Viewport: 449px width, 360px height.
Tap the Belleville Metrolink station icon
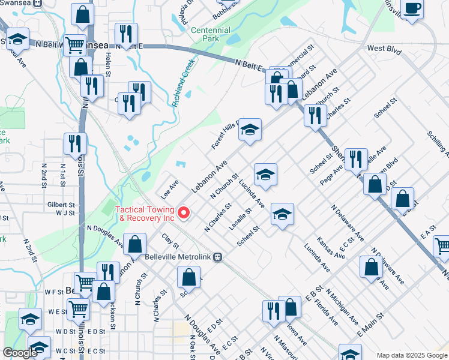pyautogui.click(x=219, y=256)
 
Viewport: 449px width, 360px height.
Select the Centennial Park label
pyautogui.click(x=210, y=34)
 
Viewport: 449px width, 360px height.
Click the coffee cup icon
pyautogui.click(x=412, y=9)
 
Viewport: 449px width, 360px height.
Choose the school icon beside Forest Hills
pyautogui.click(x=250, y=130)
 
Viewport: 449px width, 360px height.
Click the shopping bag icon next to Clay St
pyautogui.click(x=135, y=244)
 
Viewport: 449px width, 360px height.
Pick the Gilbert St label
pyautogui.click(x=61, y=205)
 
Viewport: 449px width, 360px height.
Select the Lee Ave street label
pyautogui.click(x=169, y=189)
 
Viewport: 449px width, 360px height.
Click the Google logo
pyautogui.click(x=20, y=353)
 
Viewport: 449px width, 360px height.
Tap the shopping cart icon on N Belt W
pyautogui.click(x=74, y=44)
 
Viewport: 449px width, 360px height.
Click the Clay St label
pyautogui.click(x=170, y=242)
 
